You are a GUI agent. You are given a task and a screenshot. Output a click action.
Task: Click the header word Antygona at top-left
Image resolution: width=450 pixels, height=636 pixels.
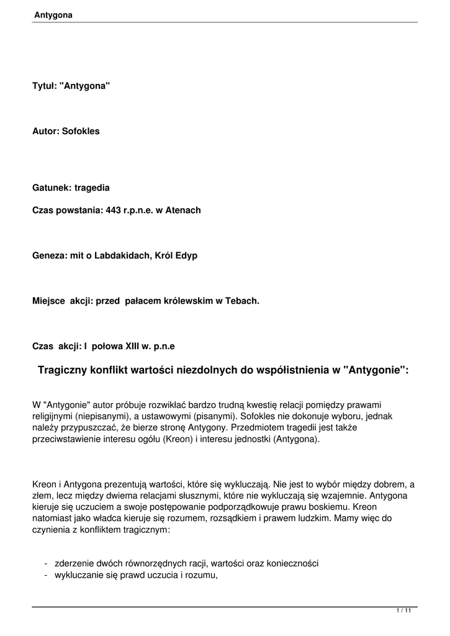tap(54, 16)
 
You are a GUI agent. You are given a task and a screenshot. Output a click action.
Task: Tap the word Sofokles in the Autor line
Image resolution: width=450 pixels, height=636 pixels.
tap(81, 132)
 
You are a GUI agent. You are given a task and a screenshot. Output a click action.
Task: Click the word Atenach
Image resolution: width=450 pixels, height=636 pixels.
tap(182, 210)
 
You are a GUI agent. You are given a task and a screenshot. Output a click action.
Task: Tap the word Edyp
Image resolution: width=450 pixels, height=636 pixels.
tap(187, 255)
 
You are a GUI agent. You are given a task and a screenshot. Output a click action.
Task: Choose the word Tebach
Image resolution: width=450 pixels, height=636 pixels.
tap(241, 301)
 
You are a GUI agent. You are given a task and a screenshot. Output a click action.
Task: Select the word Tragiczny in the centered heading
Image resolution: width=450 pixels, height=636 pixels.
tap(65, 370)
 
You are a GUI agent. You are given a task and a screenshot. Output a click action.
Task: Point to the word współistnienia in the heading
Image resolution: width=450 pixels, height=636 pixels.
tap(290, 370)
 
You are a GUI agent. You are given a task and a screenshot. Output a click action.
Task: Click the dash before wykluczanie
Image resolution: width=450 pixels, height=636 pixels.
tap(47, 575)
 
